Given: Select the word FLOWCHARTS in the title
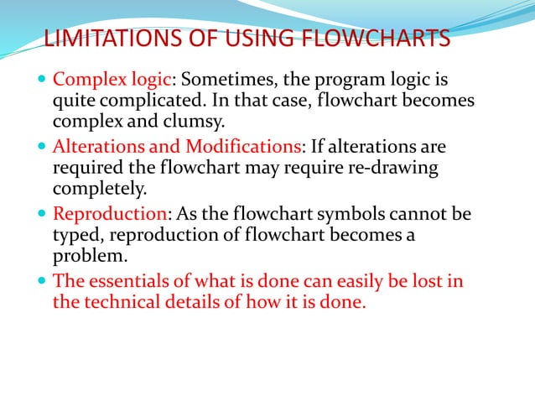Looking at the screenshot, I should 369,39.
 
